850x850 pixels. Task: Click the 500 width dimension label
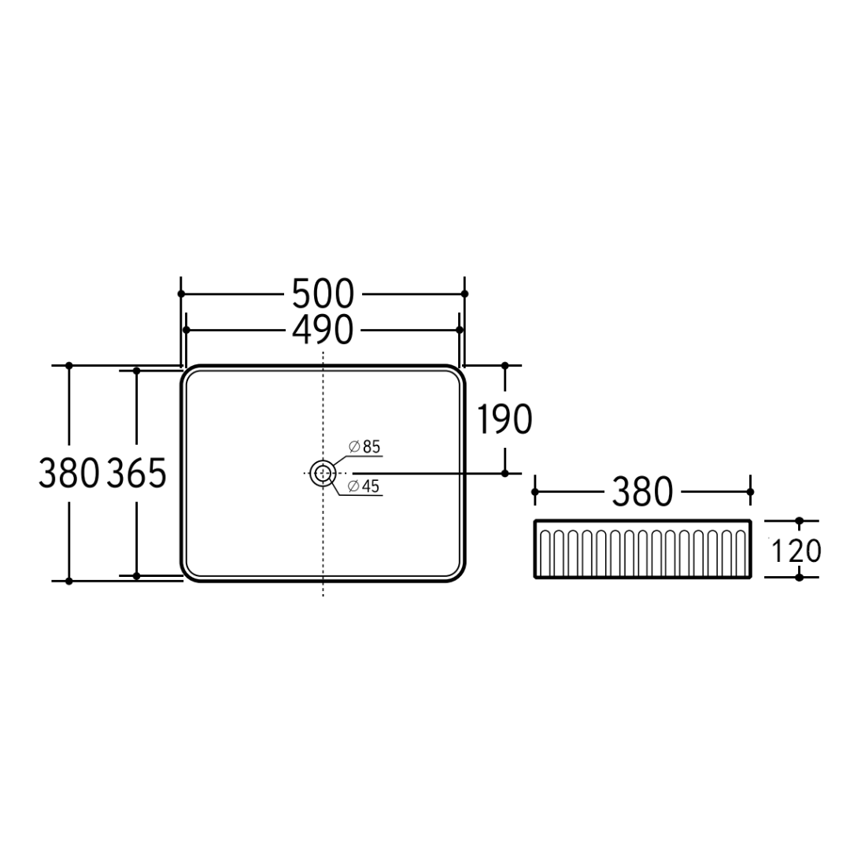[x=323, y=294]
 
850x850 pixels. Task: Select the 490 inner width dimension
[x=323, y=331]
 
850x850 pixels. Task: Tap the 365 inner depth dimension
[x=136, y=473]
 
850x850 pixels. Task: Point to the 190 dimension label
[x=504, y=419]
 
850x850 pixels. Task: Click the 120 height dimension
[x=795, y=550]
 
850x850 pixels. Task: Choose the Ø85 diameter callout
[x=364, y=447]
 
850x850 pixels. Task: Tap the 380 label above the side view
[x=642, y=493]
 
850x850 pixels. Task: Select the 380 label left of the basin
[x=69, y=473]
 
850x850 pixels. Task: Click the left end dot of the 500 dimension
[x=181, y=294]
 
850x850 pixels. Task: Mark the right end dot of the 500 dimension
[x=464, y=294]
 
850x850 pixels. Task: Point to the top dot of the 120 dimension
[x=800, y=521]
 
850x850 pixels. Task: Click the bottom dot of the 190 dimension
[x=505, y=473]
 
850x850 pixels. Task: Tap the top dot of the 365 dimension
[x=136, y=370]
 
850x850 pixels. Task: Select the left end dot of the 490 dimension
[x=186, y=331]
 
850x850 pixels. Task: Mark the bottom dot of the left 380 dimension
[x=69, y=581]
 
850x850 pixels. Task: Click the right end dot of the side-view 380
[x=750, y=492]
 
